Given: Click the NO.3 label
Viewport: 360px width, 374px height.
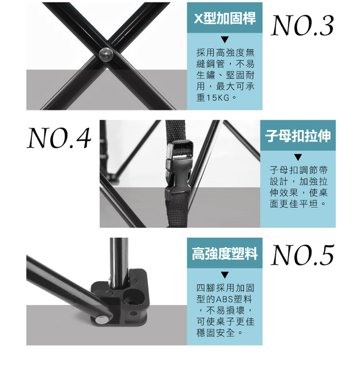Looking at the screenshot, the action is [302, 25].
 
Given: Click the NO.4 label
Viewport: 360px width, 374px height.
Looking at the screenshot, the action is [59, 138].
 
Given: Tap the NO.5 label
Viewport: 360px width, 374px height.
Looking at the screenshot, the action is [302, 255].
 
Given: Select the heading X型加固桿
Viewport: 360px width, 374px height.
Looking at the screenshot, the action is [225, 18].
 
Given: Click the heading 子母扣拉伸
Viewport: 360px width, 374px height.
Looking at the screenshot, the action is [298, 136].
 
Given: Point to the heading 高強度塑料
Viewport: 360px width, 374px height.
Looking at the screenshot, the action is [225, 253].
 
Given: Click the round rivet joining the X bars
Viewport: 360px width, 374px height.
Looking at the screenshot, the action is [106, 55].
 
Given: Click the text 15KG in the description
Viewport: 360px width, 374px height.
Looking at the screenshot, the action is [218, 98].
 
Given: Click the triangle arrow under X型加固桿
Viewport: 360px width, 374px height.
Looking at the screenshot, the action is [225, 40].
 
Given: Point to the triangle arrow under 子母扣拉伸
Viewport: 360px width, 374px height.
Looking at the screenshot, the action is [298, 157].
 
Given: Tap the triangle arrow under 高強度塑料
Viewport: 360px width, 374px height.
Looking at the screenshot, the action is [225, 275].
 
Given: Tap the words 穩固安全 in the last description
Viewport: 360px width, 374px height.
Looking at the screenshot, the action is [216, 333].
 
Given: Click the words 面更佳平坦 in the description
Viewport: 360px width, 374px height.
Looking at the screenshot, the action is [294, 204].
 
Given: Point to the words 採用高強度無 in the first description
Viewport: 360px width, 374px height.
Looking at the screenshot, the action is [226, 52].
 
